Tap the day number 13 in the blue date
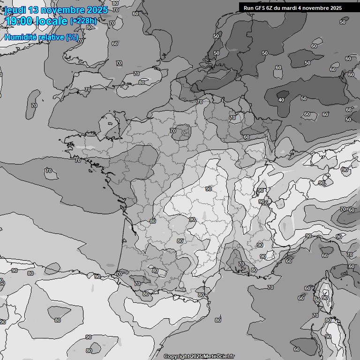tap(35, 10)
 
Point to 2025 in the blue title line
tap(97, 10)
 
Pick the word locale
tap(53, 21)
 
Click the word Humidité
tap(19, 37)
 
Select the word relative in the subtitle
tap(50, 37)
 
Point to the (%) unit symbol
tap(72, 37)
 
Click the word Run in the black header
tap(248, 8)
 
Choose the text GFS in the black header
tap(261, 8)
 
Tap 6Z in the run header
tap(271, 8)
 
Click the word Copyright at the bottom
tap(176, 356)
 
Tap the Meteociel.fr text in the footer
tap(219, 356)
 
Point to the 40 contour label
tap(281, 100)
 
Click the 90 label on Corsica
tap(325, 298)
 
